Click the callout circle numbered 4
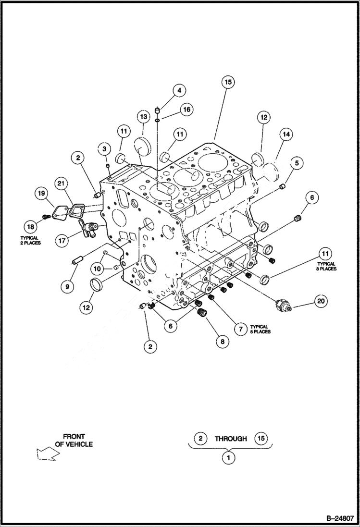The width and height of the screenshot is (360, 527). (166, 90)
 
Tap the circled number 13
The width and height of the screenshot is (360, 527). (143, 117)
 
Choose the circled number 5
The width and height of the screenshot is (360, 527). (297, 163)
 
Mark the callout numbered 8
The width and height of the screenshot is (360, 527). (222, 342)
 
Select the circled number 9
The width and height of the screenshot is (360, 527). (67, 286)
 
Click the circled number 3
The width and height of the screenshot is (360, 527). (104, 149)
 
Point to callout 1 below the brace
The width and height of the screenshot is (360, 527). (229, 458)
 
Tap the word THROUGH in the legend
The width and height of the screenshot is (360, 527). (231, 439)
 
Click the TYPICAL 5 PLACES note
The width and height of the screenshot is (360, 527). (260, 329)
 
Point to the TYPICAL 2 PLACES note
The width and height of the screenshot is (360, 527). (30, 240)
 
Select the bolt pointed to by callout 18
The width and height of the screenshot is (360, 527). (46, 217)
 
